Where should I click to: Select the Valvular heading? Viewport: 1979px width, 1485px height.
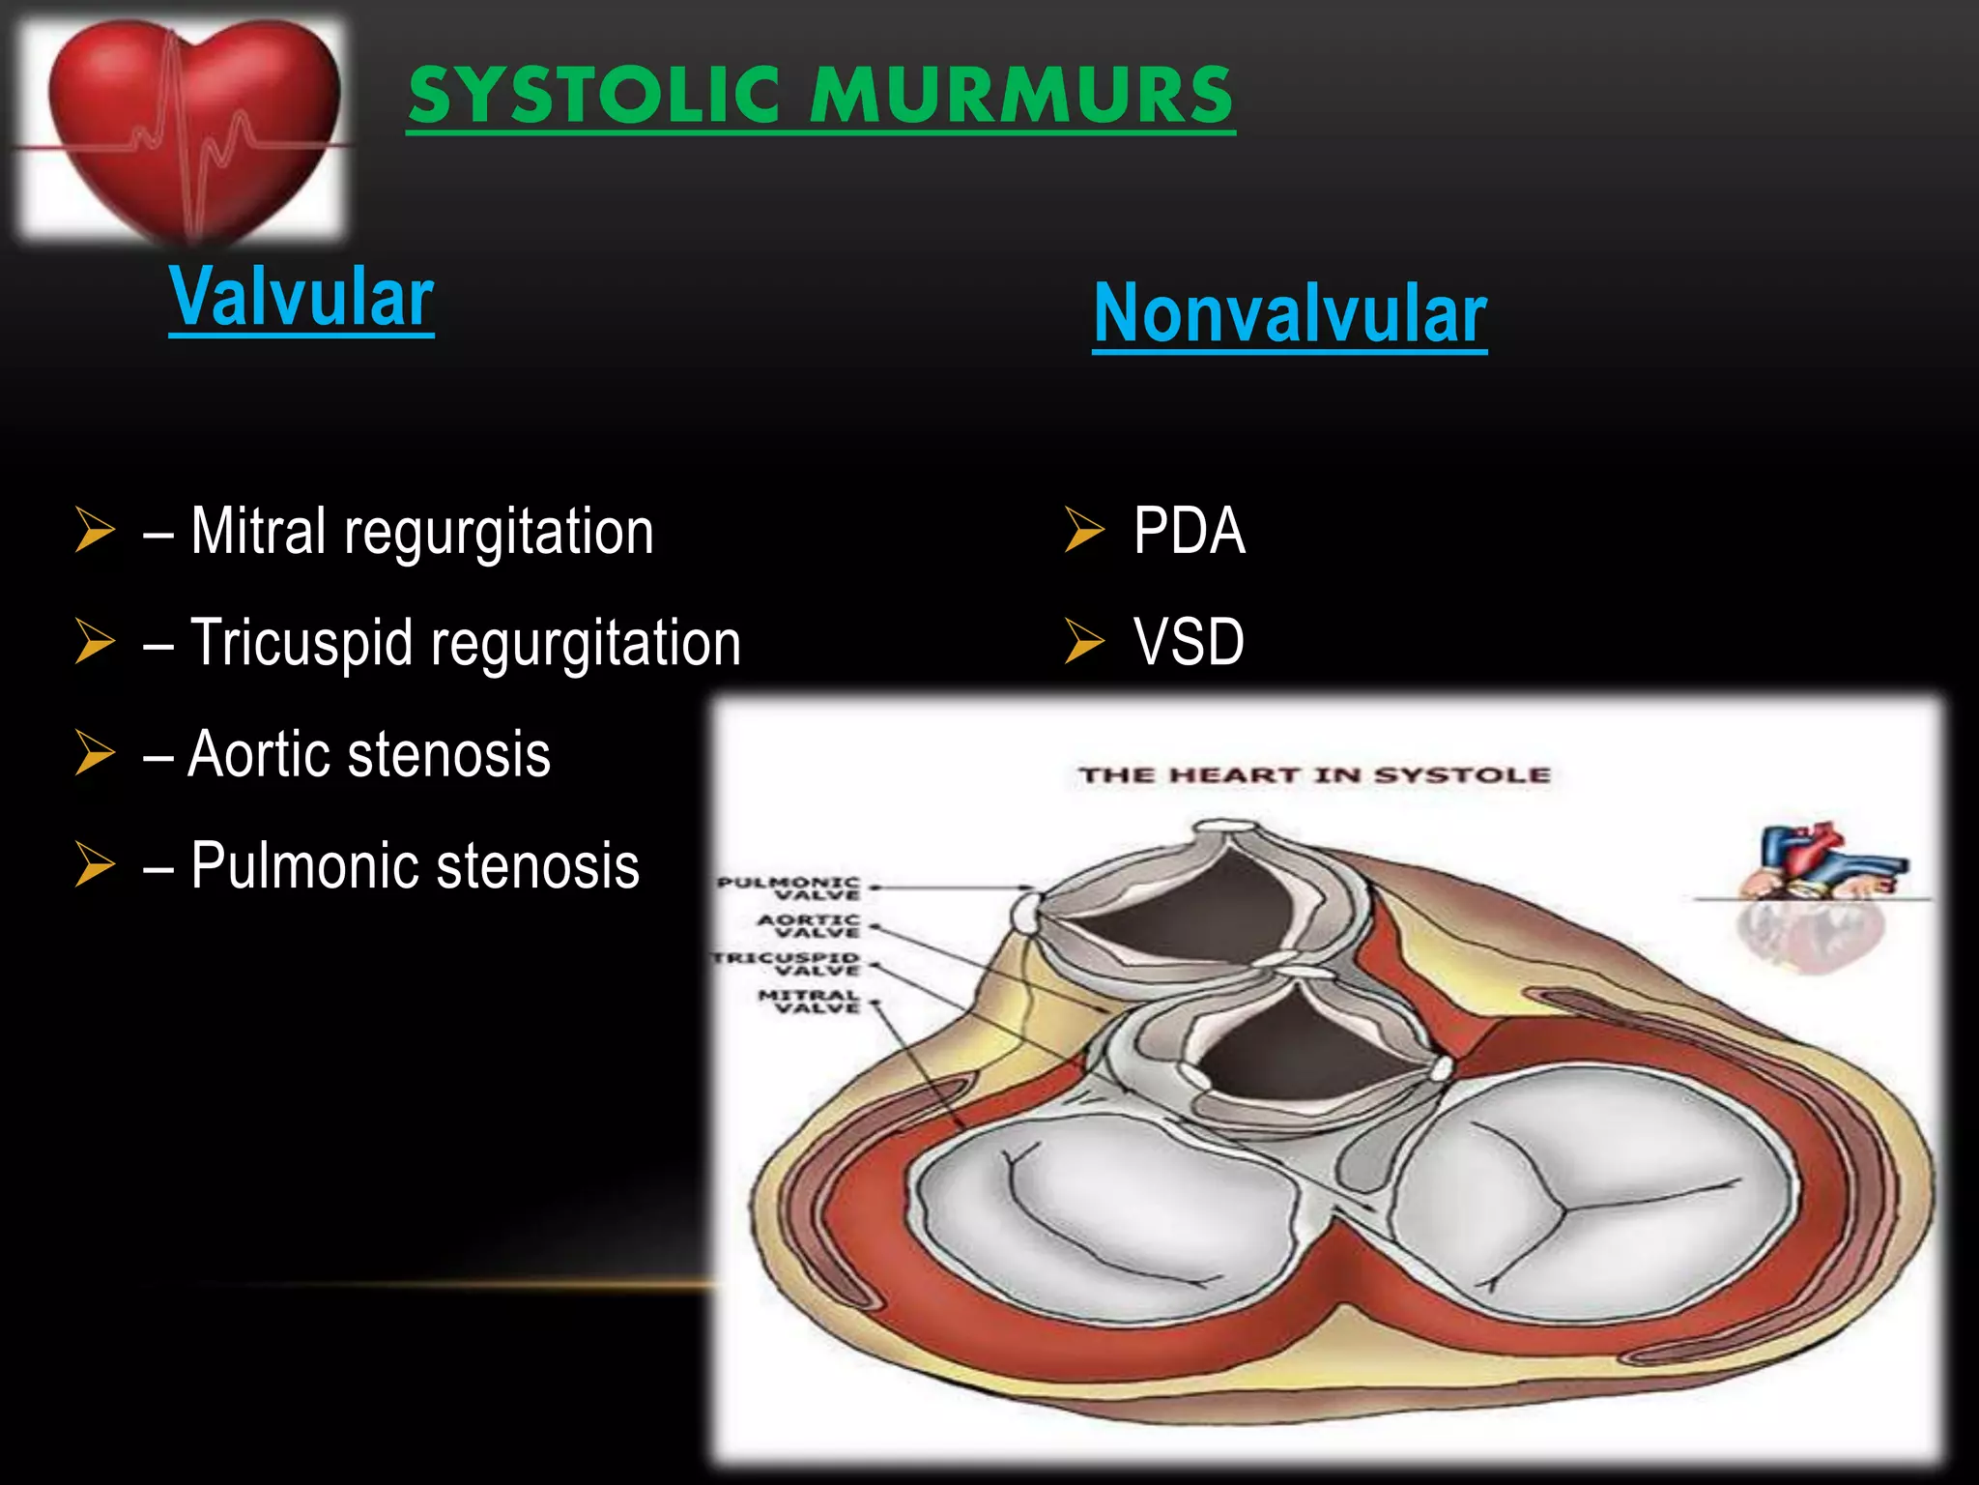pyautogui.click(x=301, y=297)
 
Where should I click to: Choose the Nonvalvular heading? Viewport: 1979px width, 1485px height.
pyautogui.click(x=1289, y=314)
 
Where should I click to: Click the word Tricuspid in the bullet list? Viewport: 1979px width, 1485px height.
pyautogui.click(x=301, y=643)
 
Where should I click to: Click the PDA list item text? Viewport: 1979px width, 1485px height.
pyautogui.click(x=1189, y=531)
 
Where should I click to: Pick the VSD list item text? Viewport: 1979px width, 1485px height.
pyautogui.click(x=1189, y=642)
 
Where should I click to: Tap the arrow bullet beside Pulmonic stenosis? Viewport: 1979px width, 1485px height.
pyautogui.click(x=95, y=864)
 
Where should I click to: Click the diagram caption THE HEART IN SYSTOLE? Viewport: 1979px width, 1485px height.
pyautogui.click(x=1314, y=775)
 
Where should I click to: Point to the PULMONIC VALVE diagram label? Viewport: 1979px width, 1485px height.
pyautogui.click(x=789, y=888)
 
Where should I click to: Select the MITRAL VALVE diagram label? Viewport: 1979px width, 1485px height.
pyautogui.click(x=809, y=1001)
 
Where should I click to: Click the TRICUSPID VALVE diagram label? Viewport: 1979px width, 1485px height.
pyautogui.click(x=786, y=963)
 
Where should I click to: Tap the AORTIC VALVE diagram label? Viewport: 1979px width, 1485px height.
pyautogui.click(x=809, y=925)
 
